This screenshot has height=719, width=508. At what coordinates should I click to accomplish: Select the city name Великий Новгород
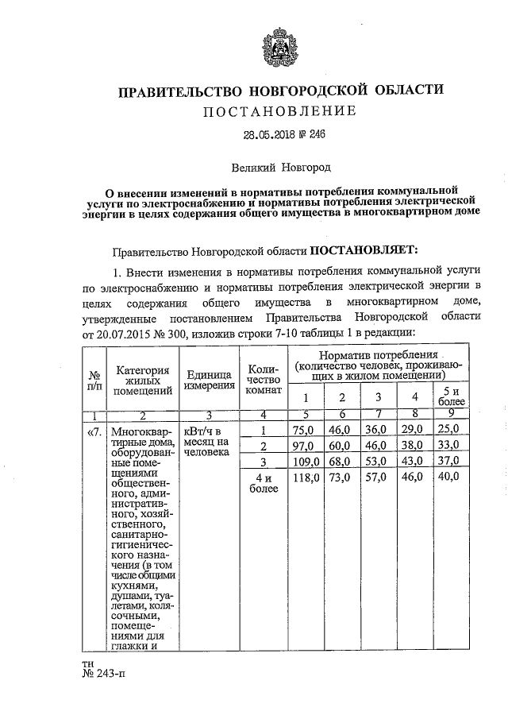click(x=280, y=168)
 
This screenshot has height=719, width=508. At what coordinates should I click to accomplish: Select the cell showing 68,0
click(x=342, y=461)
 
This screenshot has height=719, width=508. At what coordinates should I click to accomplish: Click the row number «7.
click(x=92, y=431)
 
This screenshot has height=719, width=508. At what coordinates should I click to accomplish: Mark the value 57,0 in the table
click(x=378, y=477)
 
